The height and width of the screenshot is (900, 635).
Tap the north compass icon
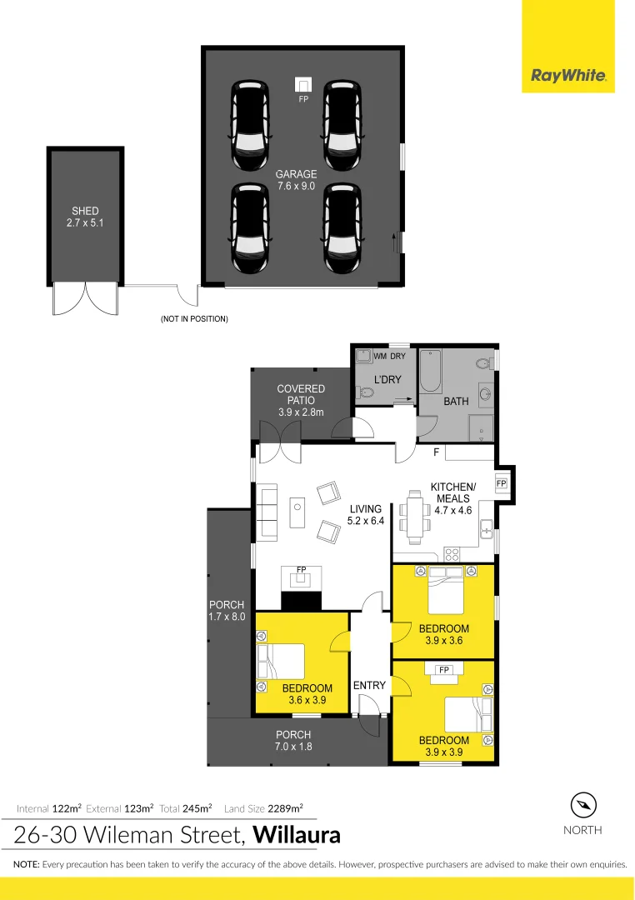coord(583,805)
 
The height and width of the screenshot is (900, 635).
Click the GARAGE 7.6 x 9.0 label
coord(296,180)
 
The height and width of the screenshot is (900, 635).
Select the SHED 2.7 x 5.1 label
coord(85,217)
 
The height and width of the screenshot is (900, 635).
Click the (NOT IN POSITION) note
coord(194,319)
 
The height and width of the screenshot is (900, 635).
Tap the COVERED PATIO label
coord(301,400)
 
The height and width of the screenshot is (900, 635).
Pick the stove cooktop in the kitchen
coord(453,552)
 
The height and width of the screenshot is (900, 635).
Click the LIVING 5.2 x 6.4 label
coord(365,515)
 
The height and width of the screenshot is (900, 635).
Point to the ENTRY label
coord(369,685)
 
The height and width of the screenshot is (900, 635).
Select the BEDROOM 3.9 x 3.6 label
coord(444,634)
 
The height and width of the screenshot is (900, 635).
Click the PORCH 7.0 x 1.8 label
coord(293,740)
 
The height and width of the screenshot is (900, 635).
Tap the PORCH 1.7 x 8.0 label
coord(227,611)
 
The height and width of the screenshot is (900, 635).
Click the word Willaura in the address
coord(297,834)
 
